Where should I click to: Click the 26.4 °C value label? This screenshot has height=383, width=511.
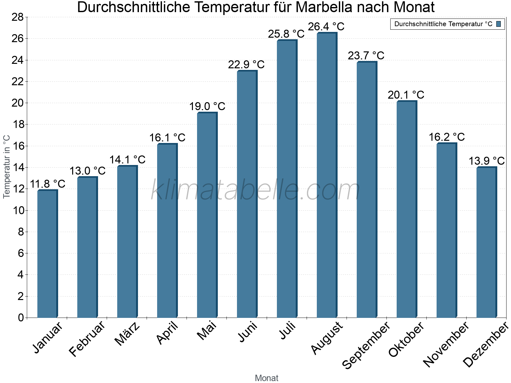326,26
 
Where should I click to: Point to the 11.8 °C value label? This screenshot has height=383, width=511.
48,184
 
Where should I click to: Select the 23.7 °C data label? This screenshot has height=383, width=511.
366,56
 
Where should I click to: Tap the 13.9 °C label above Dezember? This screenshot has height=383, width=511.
486,161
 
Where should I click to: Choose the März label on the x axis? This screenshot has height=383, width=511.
127,334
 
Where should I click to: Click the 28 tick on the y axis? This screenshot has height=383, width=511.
18,17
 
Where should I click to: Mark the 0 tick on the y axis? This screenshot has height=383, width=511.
21,318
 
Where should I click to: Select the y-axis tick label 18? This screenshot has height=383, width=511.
18,124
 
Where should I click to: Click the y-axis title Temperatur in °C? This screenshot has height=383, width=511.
7,167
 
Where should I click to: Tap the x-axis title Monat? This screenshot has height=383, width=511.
267,378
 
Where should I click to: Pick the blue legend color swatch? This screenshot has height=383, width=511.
499,24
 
